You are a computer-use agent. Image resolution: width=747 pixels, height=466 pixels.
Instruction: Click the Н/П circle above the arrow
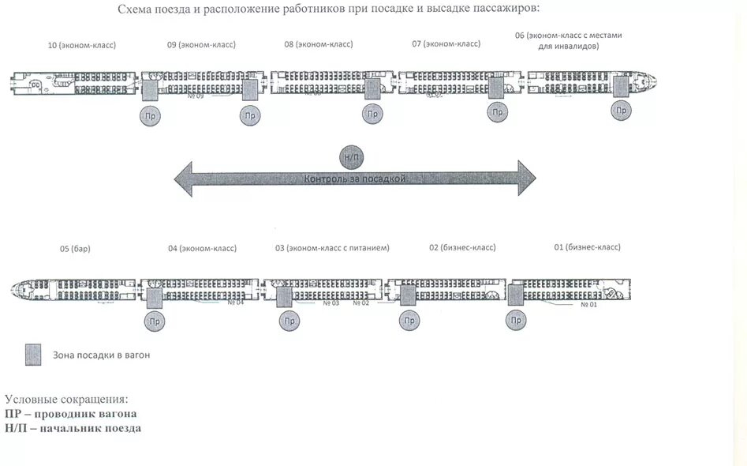coord(350,157)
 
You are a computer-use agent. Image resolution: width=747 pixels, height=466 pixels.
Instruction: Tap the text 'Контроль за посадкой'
coord(355,179)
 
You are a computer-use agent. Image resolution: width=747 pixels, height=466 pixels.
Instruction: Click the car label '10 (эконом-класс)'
coord(82,45)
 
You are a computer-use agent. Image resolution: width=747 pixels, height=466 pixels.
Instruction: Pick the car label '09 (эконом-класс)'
coord(201,45)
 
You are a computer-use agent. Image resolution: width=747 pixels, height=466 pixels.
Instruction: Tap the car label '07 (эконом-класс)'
coord(446,43)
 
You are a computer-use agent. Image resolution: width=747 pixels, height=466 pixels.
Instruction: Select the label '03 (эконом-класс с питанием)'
coord(332,248)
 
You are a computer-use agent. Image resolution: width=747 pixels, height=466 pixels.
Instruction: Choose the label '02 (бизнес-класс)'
coord(462,247)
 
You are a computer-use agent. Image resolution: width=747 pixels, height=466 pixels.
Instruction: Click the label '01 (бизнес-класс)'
coord(587,246)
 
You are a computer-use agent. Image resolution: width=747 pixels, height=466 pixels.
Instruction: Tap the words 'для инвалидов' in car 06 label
coord(568,46)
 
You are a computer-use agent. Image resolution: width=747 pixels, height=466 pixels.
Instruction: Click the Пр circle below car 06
coord(622,111)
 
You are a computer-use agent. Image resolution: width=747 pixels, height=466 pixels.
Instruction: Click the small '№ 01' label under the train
coord(588,304)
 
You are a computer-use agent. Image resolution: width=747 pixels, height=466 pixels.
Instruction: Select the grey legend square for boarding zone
coord(32,355)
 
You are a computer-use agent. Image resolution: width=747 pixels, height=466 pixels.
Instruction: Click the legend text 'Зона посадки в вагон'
coord(101,355)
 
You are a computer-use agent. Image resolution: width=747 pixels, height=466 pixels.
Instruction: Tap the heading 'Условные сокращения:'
coord(66,400)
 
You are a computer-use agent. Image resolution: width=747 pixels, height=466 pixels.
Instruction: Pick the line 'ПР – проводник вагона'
coord(71,414)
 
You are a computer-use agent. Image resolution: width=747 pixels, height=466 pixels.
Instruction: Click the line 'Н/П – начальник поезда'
coord(73,428)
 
